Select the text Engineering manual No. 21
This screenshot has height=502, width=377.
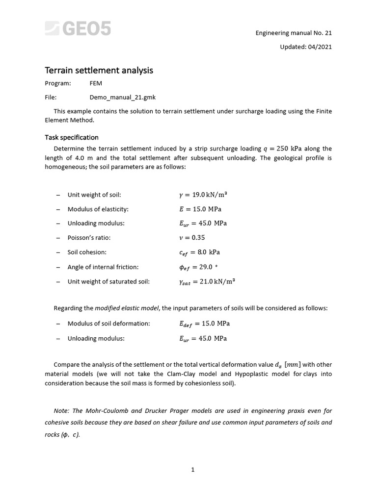(x=294, y=33)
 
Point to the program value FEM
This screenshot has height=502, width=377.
(x=96, y=83)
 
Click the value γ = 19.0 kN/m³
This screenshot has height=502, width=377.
(x=203, y=195)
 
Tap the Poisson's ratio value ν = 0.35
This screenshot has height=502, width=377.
(x=192, y=238)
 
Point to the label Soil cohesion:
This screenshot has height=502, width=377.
(x=87, y=252)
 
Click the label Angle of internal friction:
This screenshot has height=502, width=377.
(x=103, y=267)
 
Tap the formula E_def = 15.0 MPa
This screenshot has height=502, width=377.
(x=204, y=324)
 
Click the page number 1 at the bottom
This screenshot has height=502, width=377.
(x=193, y=470)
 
